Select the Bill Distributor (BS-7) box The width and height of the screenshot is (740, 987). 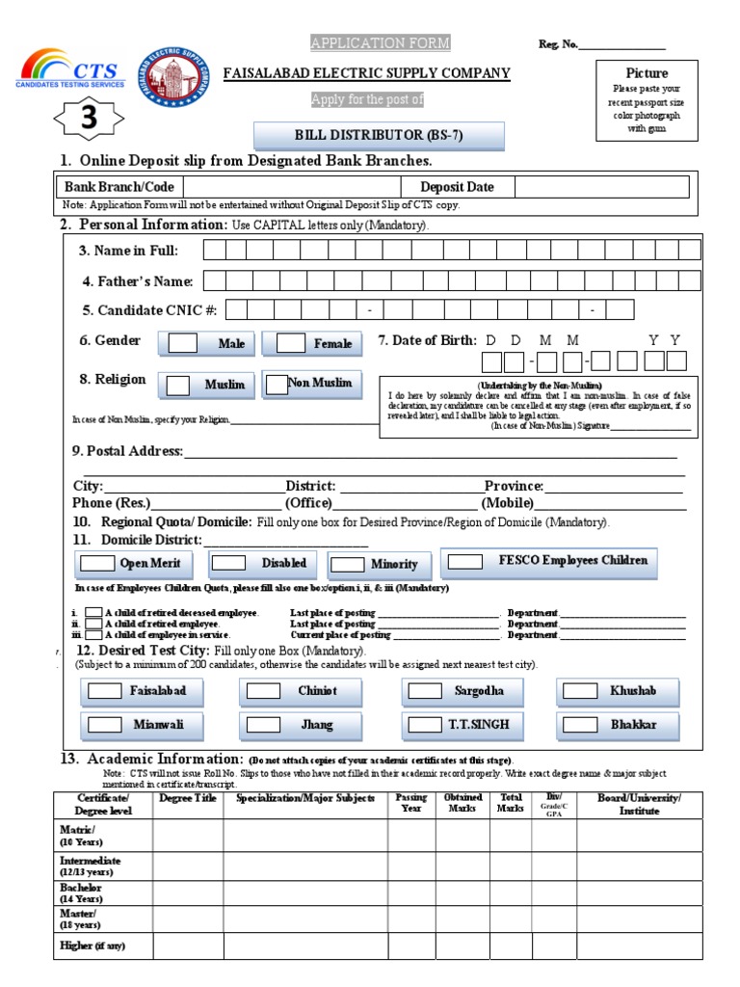[379, 136]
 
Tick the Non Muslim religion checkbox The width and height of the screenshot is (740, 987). [277, 383]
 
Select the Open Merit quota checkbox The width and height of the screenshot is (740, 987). [97, 563]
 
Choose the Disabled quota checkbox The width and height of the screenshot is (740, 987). [228, 563]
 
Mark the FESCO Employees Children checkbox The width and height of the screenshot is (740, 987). [465, 561]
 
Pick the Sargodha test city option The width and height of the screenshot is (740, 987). [425, 691]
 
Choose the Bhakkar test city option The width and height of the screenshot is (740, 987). [580, 724]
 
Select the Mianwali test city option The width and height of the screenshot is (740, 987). [105, 724]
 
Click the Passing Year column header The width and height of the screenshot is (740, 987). [411, 804]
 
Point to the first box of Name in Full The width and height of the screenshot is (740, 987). [213, 251]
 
